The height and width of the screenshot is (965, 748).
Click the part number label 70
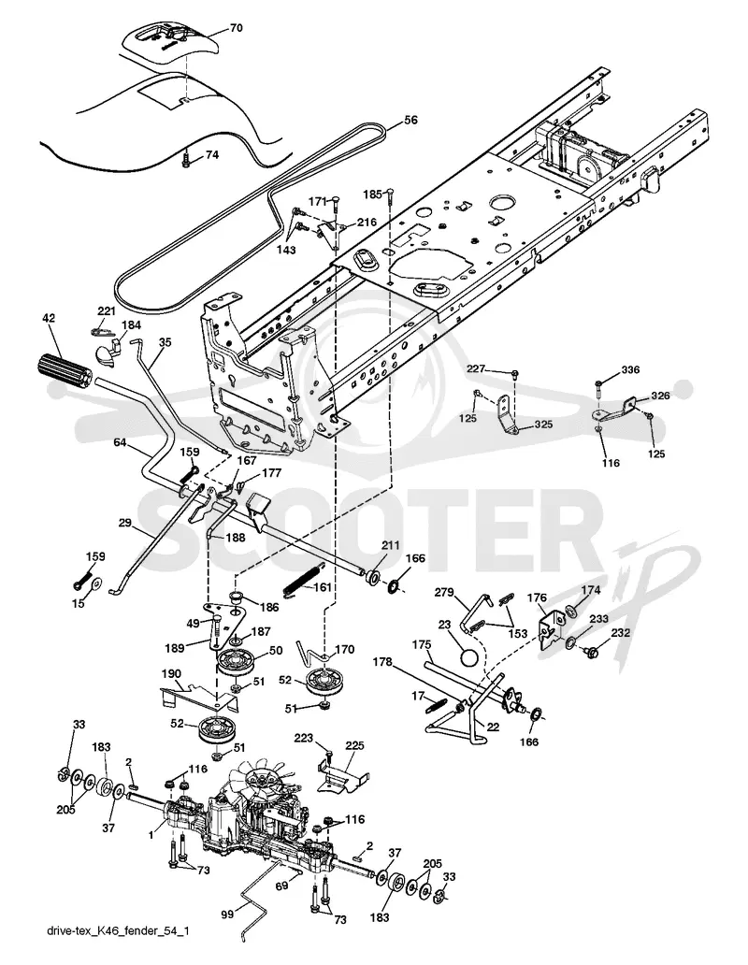coord(236,28)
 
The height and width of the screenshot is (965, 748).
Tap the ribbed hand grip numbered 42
coord(64,370)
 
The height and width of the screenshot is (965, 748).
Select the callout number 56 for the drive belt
coord(410,120)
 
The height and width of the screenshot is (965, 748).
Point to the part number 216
coord(367,223)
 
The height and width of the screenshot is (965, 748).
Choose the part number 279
coord(444,593)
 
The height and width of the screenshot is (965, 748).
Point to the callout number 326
coord(661,396)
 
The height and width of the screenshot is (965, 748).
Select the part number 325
coord(543,425)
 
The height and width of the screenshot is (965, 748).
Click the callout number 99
coord(227,915)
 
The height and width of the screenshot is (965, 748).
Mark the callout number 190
coord(170,672)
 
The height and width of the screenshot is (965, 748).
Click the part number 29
coord(125,523)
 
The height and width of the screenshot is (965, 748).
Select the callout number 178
coord(382,662)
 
